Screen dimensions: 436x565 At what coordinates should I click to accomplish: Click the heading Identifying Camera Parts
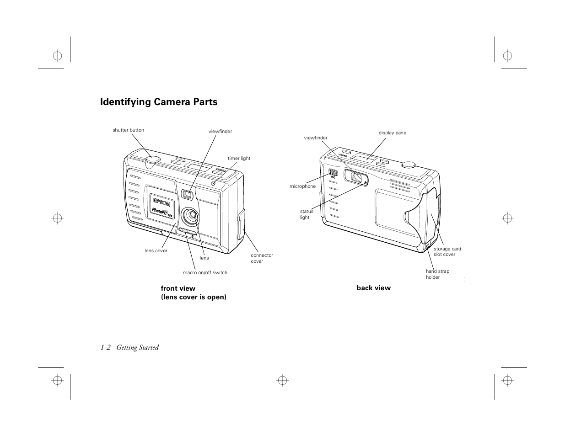159,102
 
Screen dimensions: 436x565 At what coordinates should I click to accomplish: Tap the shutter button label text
128,130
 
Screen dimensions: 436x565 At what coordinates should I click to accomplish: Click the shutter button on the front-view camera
153,159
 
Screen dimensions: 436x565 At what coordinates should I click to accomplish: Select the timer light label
239,159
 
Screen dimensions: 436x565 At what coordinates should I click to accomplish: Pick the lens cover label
156,251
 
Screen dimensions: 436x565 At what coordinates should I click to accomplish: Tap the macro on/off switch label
205,273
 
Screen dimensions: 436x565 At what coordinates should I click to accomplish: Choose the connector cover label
262,258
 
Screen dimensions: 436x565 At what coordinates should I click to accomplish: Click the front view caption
178,288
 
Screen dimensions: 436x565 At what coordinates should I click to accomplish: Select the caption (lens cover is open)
194,297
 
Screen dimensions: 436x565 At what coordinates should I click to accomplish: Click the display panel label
393,133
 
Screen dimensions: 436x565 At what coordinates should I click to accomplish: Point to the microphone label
302,186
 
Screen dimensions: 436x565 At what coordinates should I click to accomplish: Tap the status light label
307,214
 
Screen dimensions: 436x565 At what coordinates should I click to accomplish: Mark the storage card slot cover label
447,252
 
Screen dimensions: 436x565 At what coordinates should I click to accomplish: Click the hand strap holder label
437,274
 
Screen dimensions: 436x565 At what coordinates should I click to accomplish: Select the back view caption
374,288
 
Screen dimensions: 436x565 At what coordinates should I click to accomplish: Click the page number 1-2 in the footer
106,347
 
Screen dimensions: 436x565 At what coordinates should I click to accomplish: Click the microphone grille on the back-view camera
333,173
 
